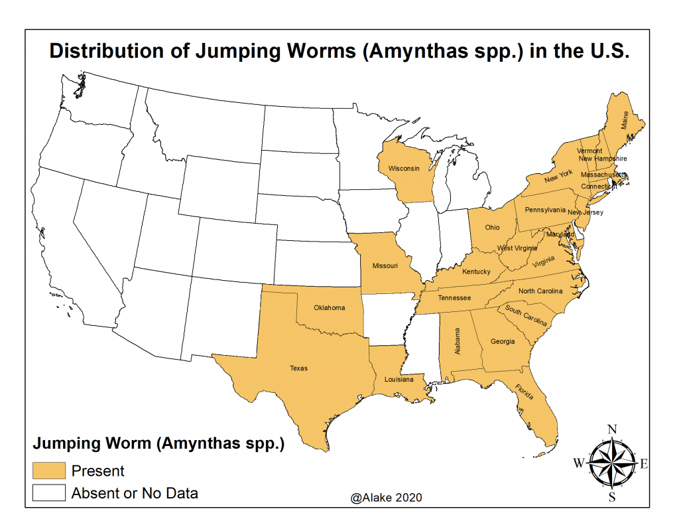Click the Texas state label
pos(298,368)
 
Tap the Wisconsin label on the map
pos(404,169)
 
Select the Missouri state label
pos(385,265)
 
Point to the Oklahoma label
pos(330,308)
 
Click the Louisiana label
pos(399,380)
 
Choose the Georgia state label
pos(503,342)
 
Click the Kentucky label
pos(476,271)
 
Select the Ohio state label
pos(492,227)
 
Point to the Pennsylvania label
pos(545,210)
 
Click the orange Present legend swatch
pos(50,471)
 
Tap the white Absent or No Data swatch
pos(50,493)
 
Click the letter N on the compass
pos(613,429)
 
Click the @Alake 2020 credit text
pos(388,496)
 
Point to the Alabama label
pos(457,340)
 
